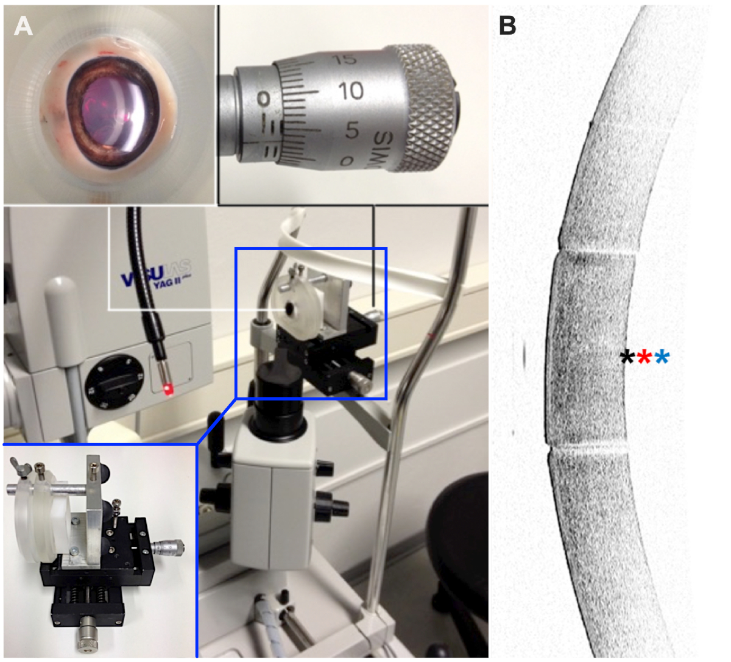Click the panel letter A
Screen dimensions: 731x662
pos(23,26)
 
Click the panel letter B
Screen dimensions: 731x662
pos(507,26)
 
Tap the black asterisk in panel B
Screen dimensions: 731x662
pos(627,357)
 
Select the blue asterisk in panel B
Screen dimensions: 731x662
pos(662,357)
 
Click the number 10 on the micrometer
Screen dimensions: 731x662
pos(350,91)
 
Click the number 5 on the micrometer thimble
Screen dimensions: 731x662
pos(351,129)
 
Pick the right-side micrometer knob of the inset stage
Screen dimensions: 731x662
pos(168,547)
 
